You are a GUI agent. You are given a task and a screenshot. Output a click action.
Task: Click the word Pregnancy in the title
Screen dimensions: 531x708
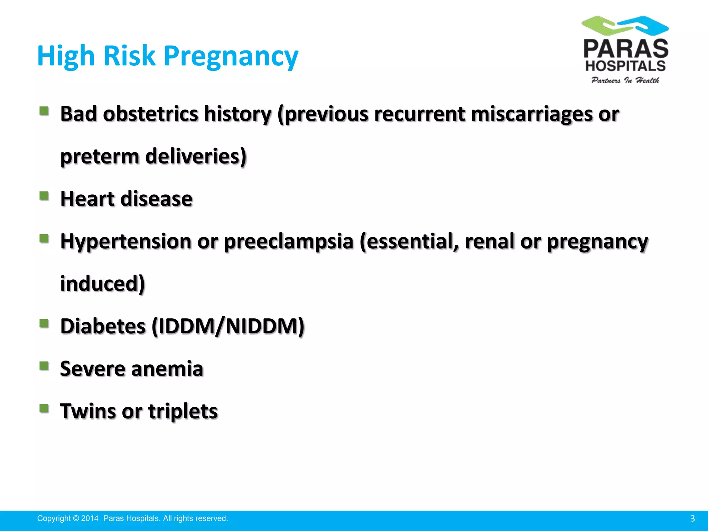[231, 56]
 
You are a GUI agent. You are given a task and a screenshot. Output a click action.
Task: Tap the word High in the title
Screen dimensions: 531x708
[66, 56]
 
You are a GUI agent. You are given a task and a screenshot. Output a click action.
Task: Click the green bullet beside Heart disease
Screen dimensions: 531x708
[44, 196]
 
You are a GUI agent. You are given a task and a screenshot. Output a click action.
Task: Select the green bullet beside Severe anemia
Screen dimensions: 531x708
[44, 366]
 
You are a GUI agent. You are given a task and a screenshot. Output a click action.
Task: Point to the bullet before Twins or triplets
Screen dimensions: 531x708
[44, 409]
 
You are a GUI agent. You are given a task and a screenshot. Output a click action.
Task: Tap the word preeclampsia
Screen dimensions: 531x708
[288, 241]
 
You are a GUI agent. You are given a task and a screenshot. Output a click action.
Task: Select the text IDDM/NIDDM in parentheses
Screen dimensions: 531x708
[228, 326]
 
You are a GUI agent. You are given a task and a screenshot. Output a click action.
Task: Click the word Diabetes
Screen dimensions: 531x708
[103, 326]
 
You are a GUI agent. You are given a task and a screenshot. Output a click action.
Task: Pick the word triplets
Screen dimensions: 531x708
[183, 411]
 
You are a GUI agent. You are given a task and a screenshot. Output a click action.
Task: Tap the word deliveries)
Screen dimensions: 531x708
[196, 157]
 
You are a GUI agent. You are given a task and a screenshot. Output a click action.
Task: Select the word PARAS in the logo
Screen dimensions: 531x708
[626, 49]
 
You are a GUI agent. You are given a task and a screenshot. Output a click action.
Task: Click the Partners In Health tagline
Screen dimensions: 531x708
[625, 81]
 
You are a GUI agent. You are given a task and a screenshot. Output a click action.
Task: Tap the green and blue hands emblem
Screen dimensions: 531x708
[625, 25]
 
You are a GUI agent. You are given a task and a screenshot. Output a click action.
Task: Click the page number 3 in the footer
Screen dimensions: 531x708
[692, 519]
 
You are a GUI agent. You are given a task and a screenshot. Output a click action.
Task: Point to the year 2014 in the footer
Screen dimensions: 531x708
[90, 519]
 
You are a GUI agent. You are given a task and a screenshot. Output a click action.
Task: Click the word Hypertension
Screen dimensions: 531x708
[125, 241]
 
